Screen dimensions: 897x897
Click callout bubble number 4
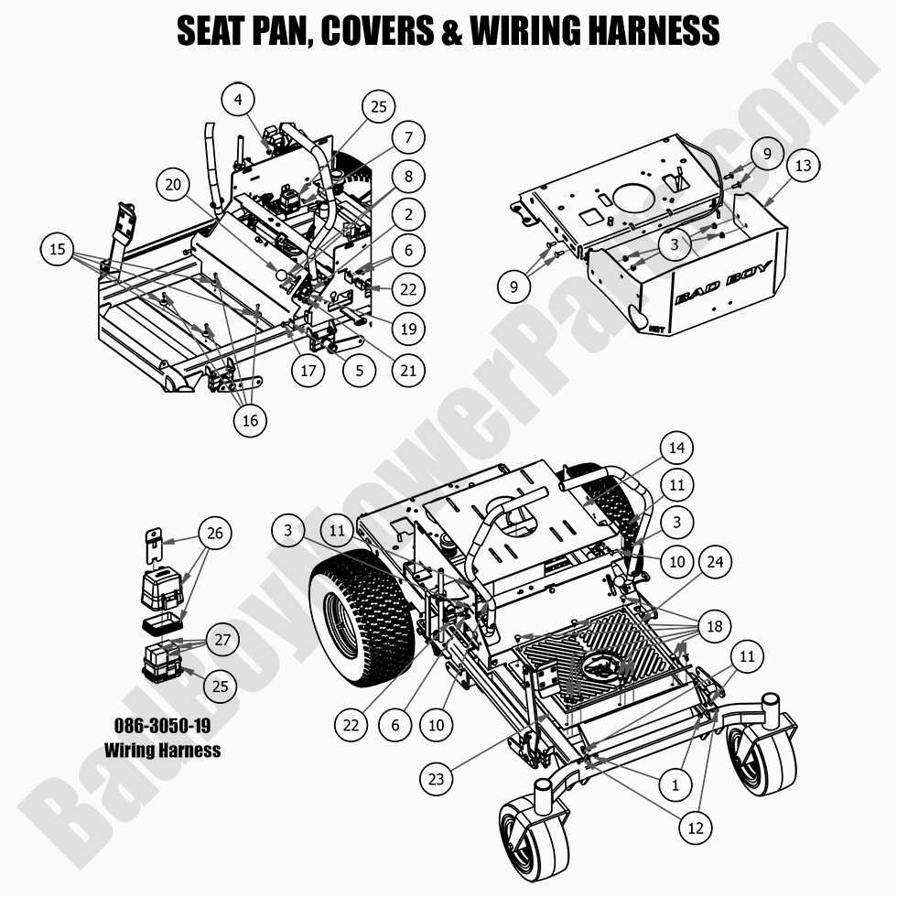[238, 100]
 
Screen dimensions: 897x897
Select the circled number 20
[172, 184]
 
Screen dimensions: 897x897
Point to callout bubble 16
[250, 419]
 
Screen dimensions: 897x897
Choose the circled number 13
[803, 166]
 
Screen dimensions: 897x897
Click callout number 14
[676, 448]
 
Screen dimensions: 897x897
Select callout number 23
[437, 778]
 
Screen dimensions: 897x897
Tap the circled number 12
[695, 827]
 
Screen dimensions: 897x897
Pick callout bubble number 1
[675, 784]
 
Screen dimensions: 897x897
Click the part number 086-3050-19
[162, 724]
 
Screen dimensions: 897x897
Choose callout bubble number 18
[715, 626]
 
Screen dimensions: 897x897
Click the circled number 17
[308, 372]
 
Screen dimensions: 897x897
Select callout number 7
[408, 138]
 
